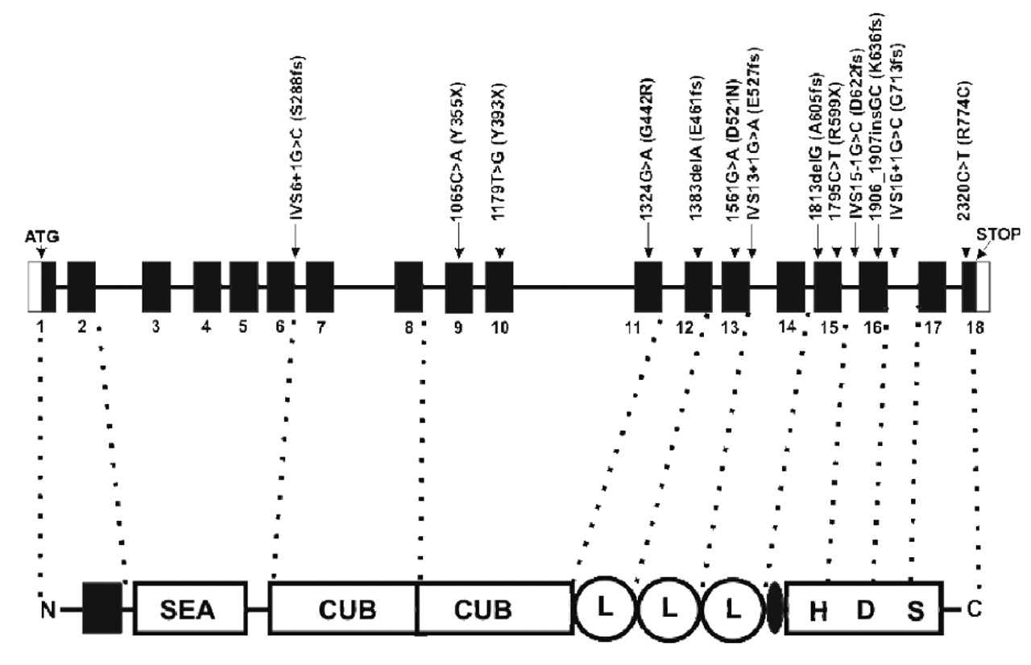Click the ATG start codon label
[42, 237]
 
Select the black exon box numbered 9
[458, 287]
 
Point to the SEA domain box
[188, 609]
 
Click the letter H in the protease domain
[818, 611]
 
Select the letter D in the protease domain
[865, 611]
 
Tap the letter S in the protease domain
[916, 611]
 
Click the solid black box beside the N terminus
[101, 609]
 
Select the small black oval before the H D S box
[776, 609]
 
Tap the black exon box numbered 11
[648, 287]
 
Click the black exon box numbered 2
[81, 287]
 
